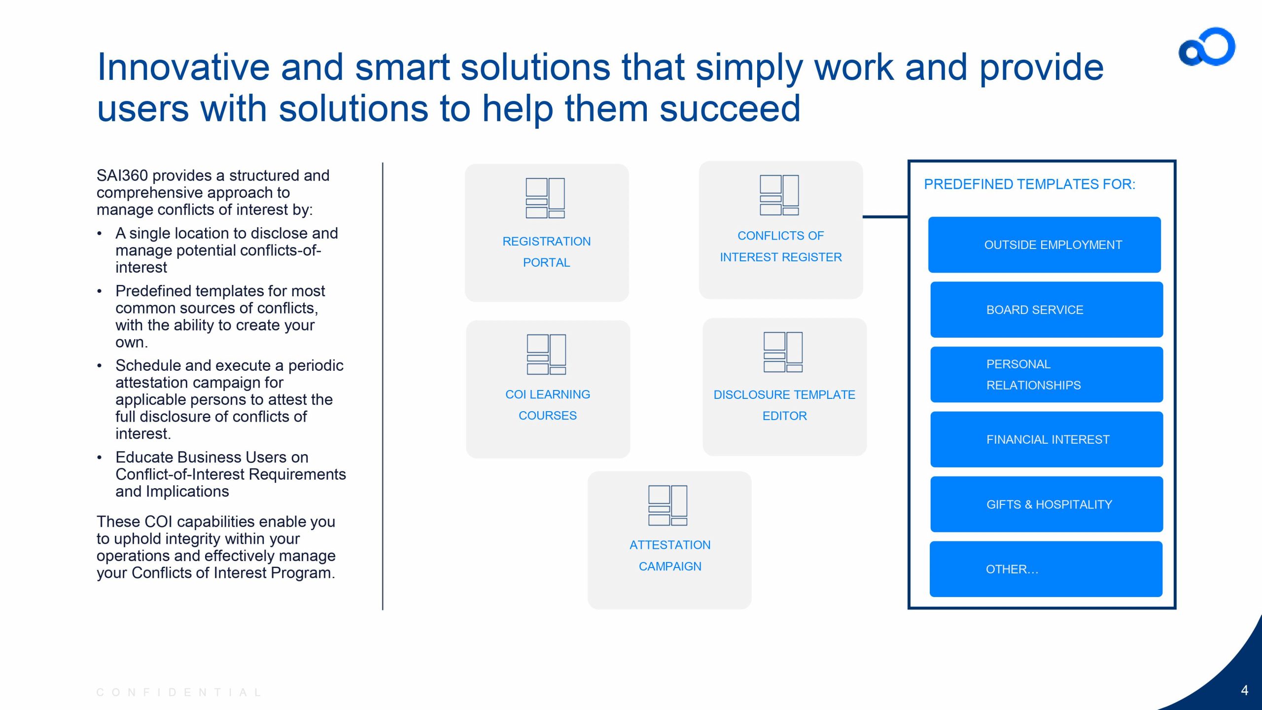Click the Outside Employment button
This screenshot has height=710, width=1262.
pos(1044,245)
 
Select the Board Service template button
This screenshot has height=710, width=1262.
pos(1046,310)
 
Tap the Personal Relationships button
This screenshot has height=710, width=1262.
pos(1046,375)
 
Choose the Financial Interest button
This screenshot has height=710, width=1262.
pos(1046,439)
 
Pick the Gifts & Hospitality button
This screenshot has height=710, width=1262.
pos(1046,504)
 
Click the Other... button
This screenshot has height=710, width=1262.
pos(1046,569)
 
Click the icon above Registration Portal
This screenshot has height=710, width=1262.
pos(545,198)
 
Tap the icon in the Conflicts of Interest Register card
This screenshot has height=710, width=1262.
pos(779,195)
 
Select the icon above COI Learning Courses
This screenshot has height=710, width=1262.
pos(546,354)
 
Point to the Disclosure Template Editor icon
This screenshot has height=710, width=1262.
pos(783,352)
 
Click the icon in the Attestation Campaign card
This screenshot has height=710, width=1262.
pos(667,505)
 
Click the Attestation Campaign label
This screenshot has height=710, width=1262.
pos(670,556)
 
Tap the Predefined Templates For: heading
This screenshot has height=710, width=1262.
pos(1029,184)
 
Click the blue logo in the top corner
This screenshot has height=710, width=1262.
pos(1207,47)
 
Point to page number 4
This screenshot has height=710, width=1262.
pos(1245,690)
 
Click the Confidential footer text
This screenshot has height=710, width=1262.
pos(179,692)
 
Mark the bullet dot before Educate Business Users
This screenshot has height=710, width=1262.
pos(100,458)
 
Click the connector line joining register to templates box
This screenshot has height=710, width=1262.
pos(885,216)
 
